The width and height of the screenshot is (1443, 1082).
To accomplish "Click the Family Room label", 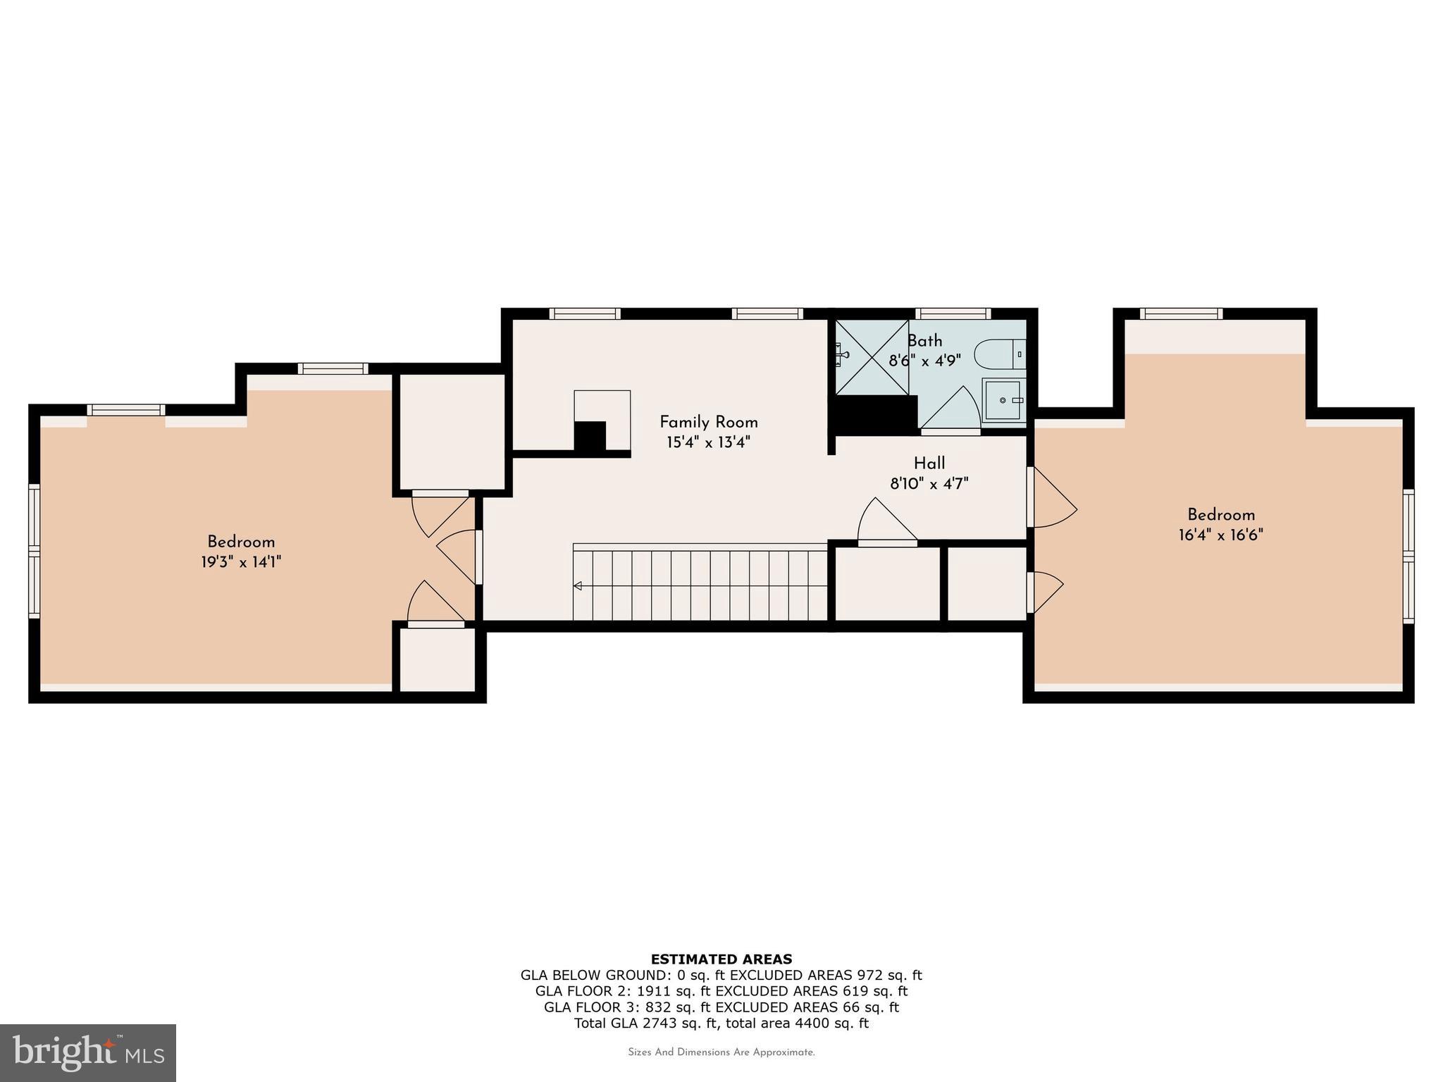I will tap(708, 422).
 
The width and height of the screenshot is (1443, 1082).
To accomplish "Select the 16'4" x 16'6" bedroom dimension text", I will tap(1220, 535).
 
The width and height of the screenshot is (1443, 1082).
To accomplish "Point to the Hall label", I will tap(929, 463).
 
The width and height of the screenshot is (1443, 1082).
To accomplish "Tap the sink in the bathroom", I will tap(1003, 400).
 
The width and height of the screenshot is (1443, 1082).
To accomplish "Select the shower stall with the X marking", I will tap(872, 357).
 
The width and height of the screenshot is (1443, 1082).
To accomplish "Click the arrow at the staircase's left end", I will tap(578, 585).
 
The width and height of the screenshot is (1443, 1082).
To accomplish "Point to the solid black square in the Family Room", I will tap(590, 435).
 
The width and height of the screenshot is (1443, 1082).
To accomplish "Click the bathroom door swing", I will tap(951, 410).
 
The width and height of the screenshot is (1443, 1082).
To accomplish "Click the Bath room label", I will tap(924, 341).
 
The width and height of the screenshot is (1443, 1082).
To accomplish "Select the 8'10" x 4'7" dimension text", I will tap(929, 484).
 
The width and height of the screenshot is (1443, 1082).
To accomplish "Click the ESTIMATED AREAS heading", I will tap(721, 959).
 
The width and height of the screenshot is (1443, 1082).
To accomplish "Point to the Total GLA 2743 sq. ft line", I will tap(721, 1023).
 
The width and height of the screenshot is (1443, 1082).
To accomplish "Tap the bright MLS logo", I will tap(88, 1053).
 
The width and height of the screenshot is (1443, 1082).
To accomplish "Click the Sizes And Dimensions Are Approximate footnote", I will tap(721, 1052).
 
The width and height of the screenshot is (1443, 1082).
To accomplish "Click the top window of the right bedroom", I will tap(1181, 313).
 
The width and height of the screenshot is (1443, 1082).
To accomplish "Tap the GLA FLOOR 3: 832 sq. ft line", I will tap(721, 1007).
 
